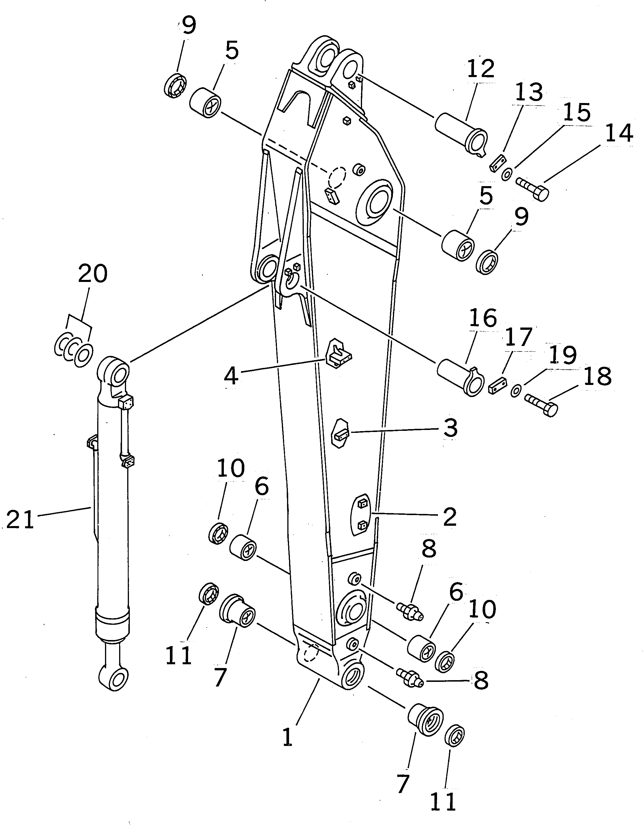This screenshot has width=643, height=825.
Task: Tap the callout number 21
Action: pyautogui.click(x=20, y=520)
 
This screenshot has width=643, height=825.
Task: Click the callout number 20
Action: pyautogui.click(x=93, y=274)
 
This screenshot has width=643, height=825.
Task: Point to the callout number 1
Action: pyautogui.click(x=288, y=737)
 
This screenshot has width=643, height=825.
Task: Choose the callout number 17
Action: pyautogui.click(x=518, y=337)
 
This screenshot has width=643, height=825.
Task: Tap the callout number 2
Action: pyautogui.click(x=450, y=517)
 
